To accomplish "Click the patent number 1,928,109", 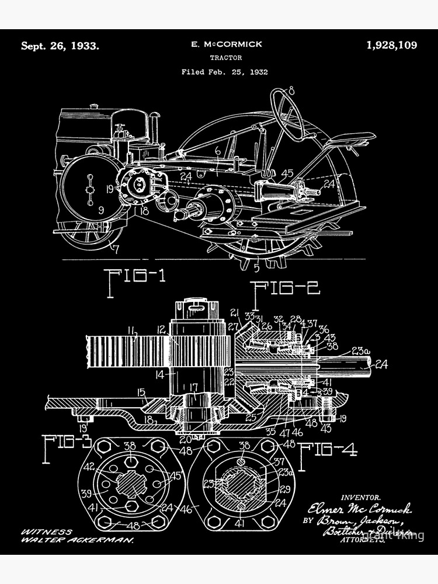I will pyautogui.click(x=391, y=45).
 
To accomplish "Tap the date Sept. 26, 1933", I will pyautogui.click(x=60, y=46).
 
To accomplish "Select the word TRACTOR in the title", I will pyautogui.click(x=225, y=58).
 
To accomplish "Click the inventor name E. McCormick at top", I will pyautogui.click(x=227, y=44).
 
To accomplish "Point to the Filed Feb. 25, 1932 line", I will pyautogui.click(x=224, y=72).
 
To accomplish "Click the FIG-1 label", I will pyautogui.click(x=134, y=274).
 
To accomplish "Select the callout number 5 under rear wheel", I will pyautogui.click(x=256, y=268).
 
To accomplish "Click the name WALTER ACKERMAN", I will pyautogui.click(x=78, y=541).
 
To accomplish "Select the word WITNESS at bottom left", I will pyautogui.click(x=47, y=532).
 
